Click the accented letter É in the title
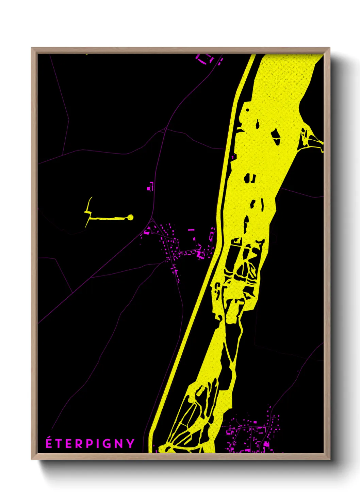tap(49, 443)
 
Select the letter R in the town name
tap(79, 444)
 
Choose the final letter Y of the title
tap(130, 444)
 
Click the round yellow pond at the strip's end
tap(130, 217)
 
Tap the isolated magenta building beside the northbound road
tap(150, 187)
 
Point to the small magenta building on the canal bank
tap(233, 157)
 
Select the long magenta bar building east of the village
tap(191, 230)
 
